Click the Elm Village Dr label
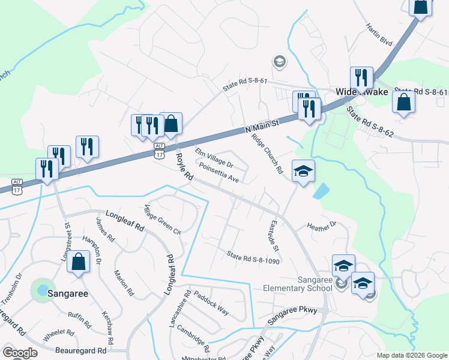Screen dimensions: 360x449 point(214,157)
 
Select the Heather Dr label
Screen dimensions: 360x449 point(322,226)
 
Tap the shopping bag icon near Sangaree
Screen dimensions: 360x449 point(79,262)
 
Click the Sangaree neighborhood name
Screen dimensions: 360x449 point(68,294)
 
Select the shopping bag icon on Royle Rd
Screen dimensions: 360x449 point(170,124)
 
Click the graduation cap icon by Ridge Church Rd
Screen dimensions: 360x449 point(304,171)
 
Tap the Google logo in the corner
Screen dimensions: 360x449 point(19,353)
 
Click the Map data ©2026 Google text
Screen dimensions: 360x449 point(411,355)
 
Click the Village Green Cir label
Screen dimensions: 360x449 point(161,218)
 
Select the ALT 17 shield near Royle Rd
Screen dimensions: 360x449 point(158,151)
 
